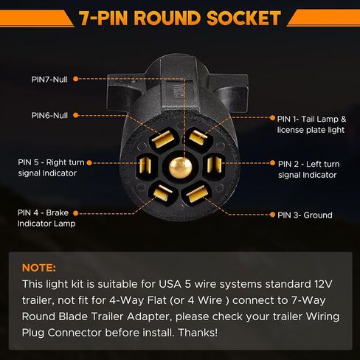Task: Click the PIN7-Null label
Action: pos(49,80)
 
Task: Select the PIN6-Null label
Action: pos(49,115)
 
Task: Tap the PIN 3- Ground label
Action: pos(305,215)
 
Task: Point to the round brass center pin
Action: pos(180,167)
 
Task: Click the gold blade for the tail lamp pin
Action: pos(198,137)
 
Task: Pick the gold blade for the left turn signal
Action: pos(214,165)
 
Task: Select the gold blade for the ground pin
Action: pos(195,194)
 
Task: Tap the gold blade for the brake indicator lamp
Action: pos(162,193)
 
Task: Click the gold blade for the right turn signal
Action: pos(145,165)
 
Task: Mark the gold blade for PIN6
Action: pos(163,139)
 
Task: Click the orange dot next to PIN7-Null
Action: pos(76,79)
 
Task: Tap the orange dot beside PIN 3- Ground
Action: pos(272,215)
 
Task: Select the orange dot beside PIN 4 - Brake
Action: pos(76,213)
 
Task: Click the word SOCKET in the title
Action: pos(243,18)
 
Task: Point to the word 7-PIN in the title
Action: pos(103,18)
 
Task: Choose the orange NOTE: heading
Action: pos(39,268)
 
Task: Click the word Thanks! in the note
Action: pos(198,333)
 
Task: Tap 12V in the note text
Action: pos(323,284)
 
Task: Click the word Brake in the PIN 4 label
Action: pos(58,212)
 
